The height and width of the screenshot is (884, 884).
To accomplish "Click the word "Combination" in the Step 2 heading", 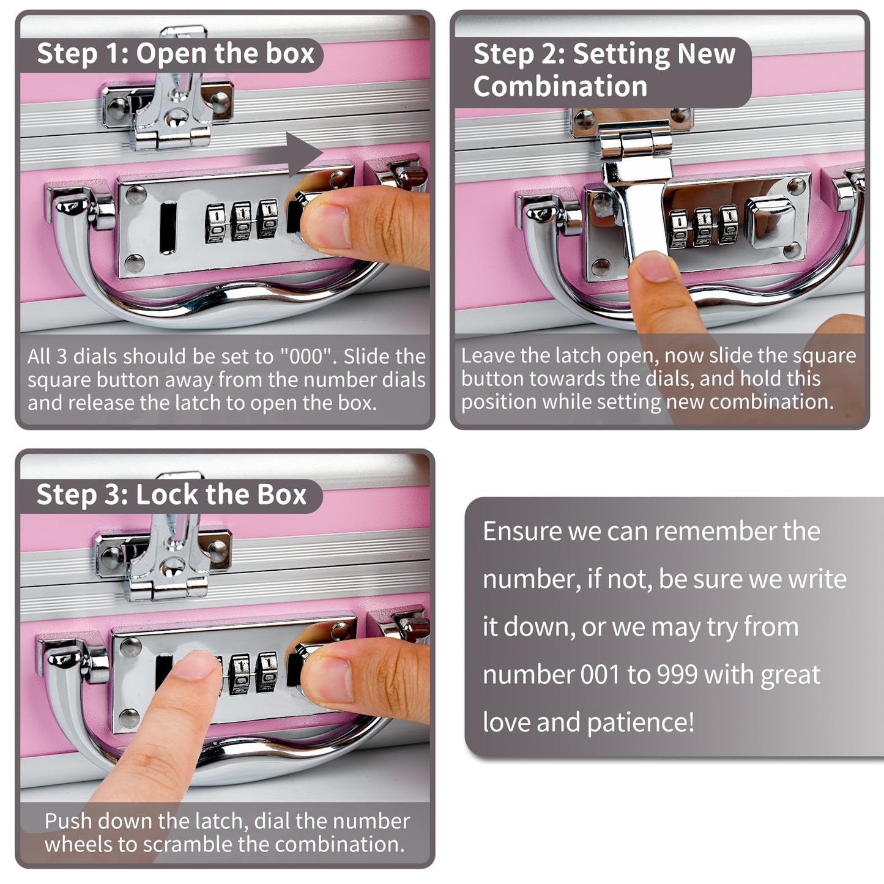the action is click(560, 86).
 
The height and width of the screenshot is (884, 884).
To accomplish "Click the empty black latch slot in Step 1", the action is click(168, 228).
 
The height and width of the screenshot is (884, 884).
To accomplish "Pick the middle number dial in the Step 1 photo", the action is click(241, 221).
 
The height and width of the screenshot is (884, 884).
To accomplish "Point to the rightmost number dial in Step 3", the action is click(267, 672).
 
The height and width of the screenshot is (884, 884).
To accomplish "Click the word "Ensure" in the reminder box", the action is click(522, 531).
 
